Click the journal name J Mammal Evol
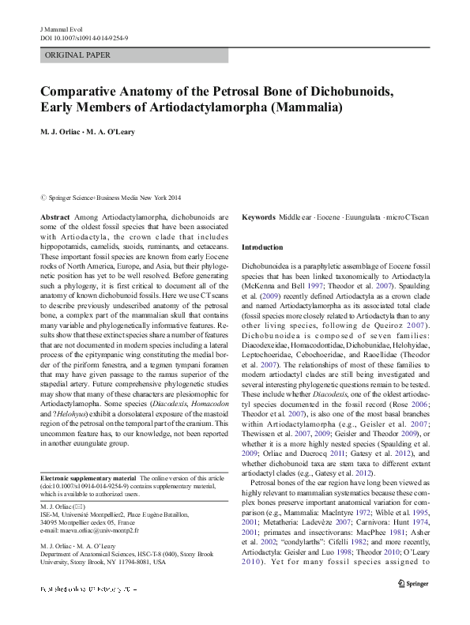[x=60, y=28]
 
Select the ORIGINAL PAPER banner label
[x=78, y=55]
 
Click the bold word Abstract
[x=54, y=216]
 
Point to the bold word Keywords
[x=258, y=216]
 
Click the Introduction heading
[x=262, y=247]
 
